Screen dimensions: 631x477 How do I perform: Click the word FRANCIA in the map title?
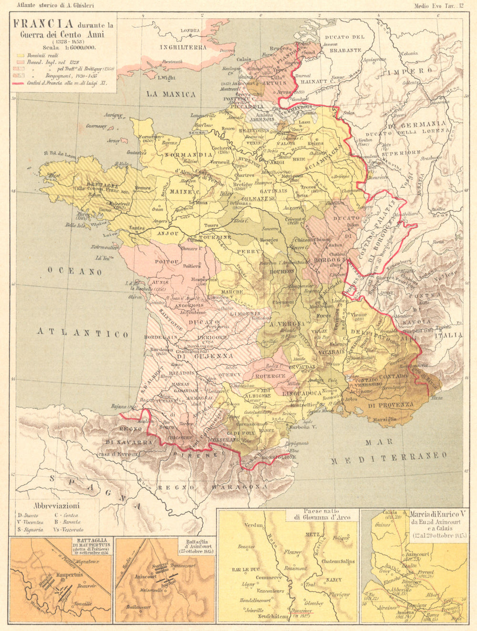pos(43,24)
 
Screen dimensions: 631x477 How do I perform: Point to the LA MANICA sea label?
pos(171,94)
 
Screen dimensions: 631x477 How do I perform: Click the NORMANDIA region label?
pos(188,155)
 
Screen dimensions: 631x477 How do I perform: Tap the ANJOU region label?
pos(167,234)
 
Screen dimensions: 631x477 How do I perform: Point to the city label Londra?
pos(190,31)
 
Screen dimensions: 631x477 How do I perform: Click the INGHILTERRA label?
pos(183,47)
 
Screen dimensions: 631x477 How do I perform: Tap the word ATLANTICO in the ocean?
pos(83,332)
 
